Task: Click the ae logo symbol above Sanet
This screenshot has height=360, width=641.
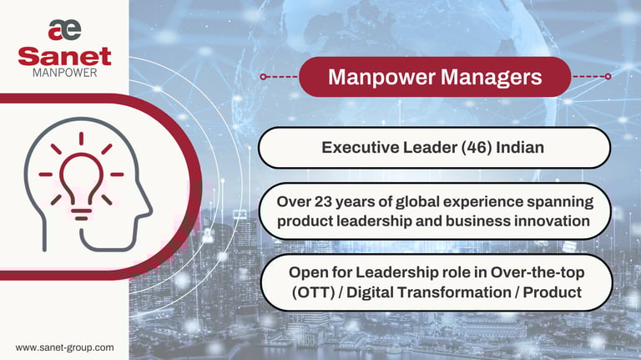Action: [64, 30]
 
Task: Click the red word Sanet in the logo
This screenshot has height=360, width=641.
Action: [64, 57]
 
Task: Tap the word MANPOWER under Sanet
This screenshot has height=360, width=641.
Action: [65, 73]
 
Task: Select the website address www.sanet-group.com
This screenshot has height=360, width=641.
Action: [64, 347]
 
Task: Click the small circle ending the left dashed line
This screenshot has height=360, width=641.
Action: [263, 77]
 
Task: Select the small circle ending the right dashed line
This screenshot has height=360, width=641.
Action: [608, 77]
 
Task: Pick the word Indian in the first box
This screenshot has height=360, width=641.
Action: [520, 147]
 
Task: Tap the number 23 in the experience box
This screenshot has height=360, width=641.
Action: [323, 201]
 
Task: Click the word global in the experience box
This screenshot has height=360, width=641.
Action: [417, 202]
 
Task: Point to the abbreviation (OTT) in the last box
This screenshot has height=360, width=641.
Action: [313, 292]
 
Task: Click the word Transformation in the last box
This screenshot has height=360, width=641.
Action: [454, 292]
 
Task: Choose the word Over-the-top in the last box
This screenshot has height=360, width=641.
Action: [538, 273]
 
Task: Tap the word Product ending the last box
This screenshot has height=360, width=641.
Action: [553, 292]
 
